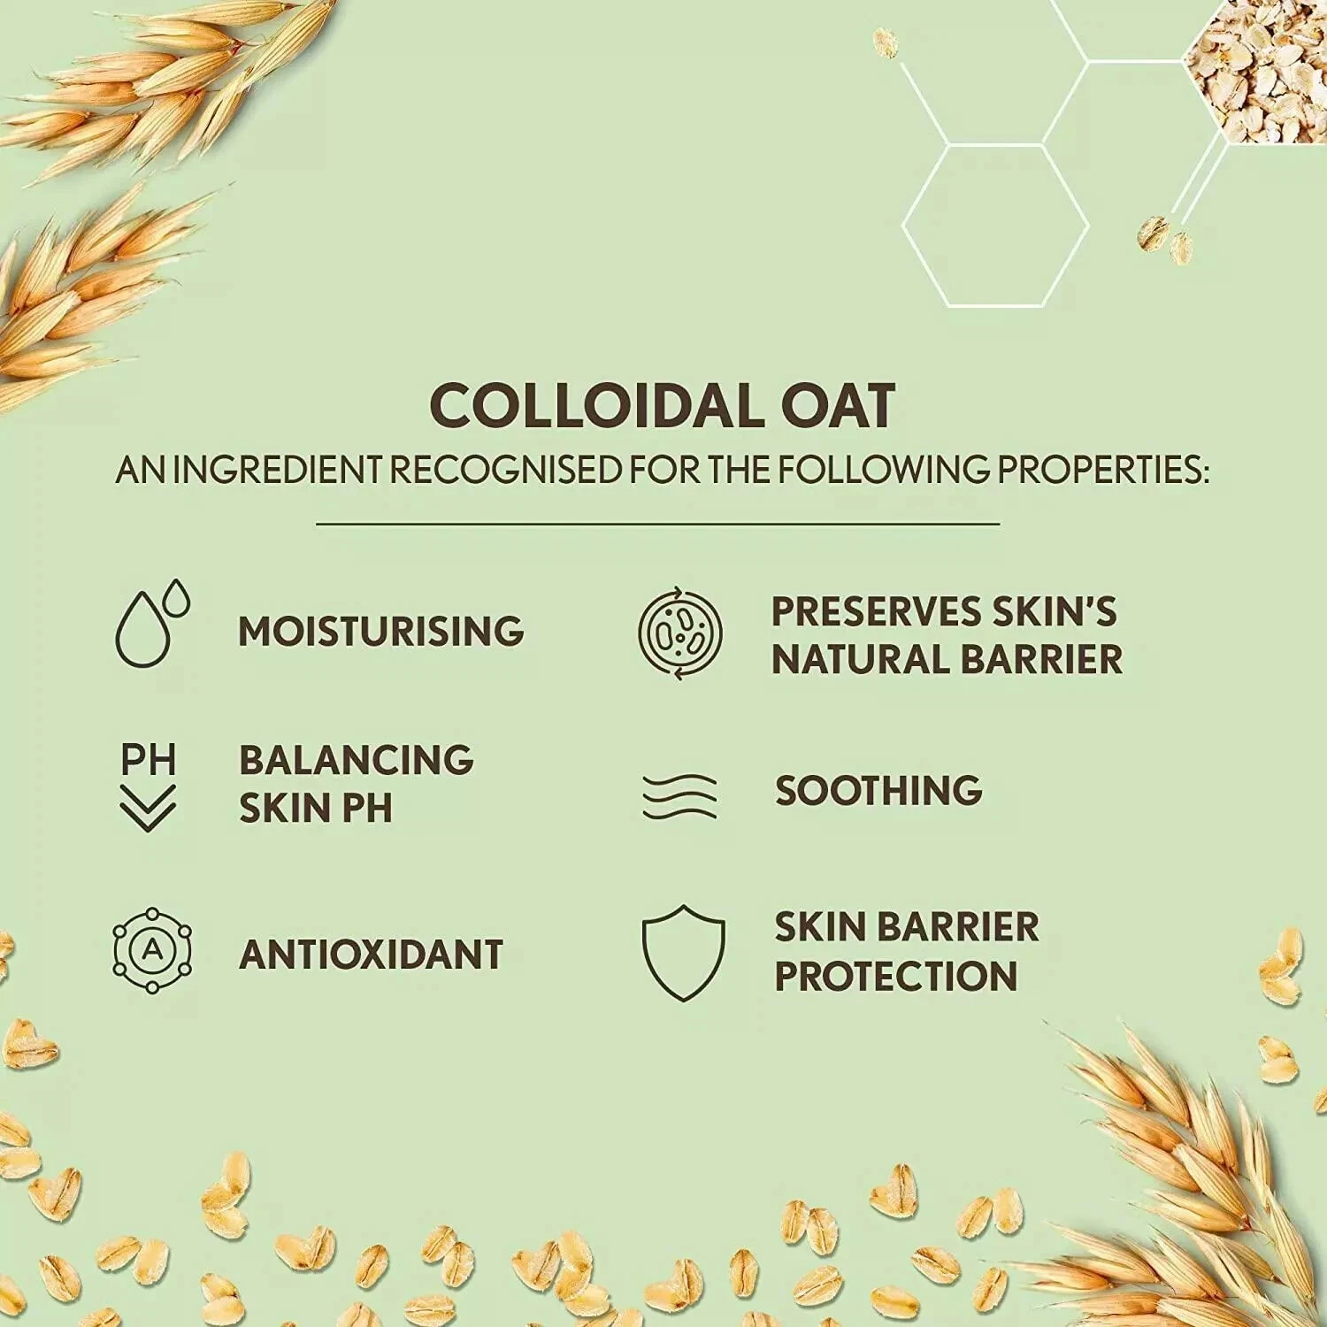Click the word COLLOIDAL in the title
[583, 407]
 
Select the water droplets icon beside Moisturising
[152, 624]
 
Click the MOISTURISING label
[381, 632]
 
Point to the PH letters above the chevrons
[149, 760]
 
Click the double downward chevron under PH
[148, 808]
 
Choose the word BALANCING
[357, 760]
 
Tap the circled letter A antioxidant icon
[152, 951]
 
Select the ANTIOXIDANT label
[372, 955]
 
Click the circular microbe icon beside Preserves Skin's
[680, 633]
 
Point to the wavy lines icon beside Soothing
[679, 795]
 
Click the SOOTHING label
[878, 791]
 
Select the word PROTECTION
[896, 976]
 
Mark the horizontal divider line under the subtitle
[658, 524]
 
